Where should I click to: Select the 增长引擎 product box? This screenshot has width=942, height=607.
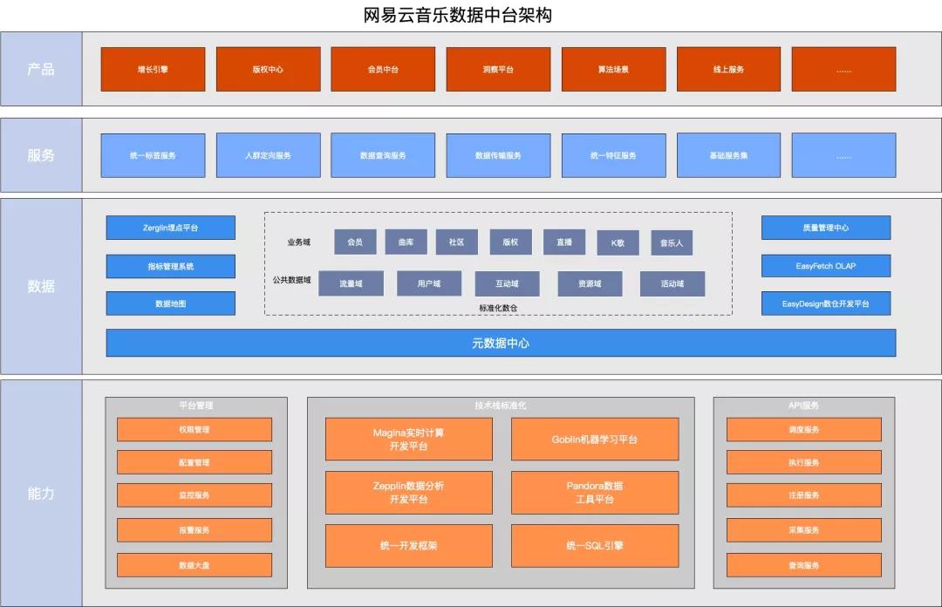(x=153, y=69)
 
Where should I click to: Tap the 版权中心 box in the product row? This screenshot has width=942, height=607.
(x=268, y=69)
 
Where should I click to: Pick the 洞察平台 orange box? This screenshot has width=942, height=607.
(x=498, y=69)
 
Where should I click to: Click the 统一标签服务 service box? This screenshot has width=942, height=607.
(x=153, y=155)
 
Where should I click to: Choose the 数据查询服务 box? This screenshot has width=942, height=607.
(x=383, y=155)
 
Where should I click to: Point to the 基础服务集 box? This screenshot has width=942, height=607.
(x=728, y=155)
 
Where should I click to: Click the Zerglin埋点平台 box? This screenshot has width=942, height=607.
(x=171, y=228)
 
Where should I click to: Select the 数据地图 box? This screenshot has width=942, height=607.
(x=171, y=303)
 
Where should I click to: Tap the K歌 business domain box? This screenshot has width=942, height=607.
(x=618, y=242)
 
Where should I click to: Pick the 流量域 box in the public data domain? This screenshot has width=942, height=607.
(x=351, y=283)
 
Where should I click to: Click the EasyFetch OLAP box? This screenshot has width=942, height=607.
(x=826, y=266)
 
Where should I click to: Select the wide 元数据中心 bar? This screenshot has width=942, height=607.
(x=501, y=343)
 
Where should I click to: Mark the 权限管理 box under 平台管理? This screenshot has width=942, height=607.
(x=195, y=429)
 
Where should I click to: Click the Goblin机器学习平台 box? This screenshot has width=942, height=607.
(x=595, y=439)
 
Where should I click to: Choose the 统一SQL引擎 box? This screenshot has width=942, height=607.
(x=595, y=546)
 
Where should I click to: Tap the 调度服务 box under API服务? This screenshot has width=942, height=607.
(x=804, y=429)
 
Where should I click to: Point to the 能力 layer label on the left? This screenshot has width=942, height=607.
(x=41, y=493)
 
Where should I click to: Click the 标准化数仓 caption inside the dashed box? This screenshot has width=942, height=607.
(x=498, y=307)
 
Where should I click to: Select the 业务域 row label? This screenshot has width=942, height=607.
(x=299, y=242)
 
